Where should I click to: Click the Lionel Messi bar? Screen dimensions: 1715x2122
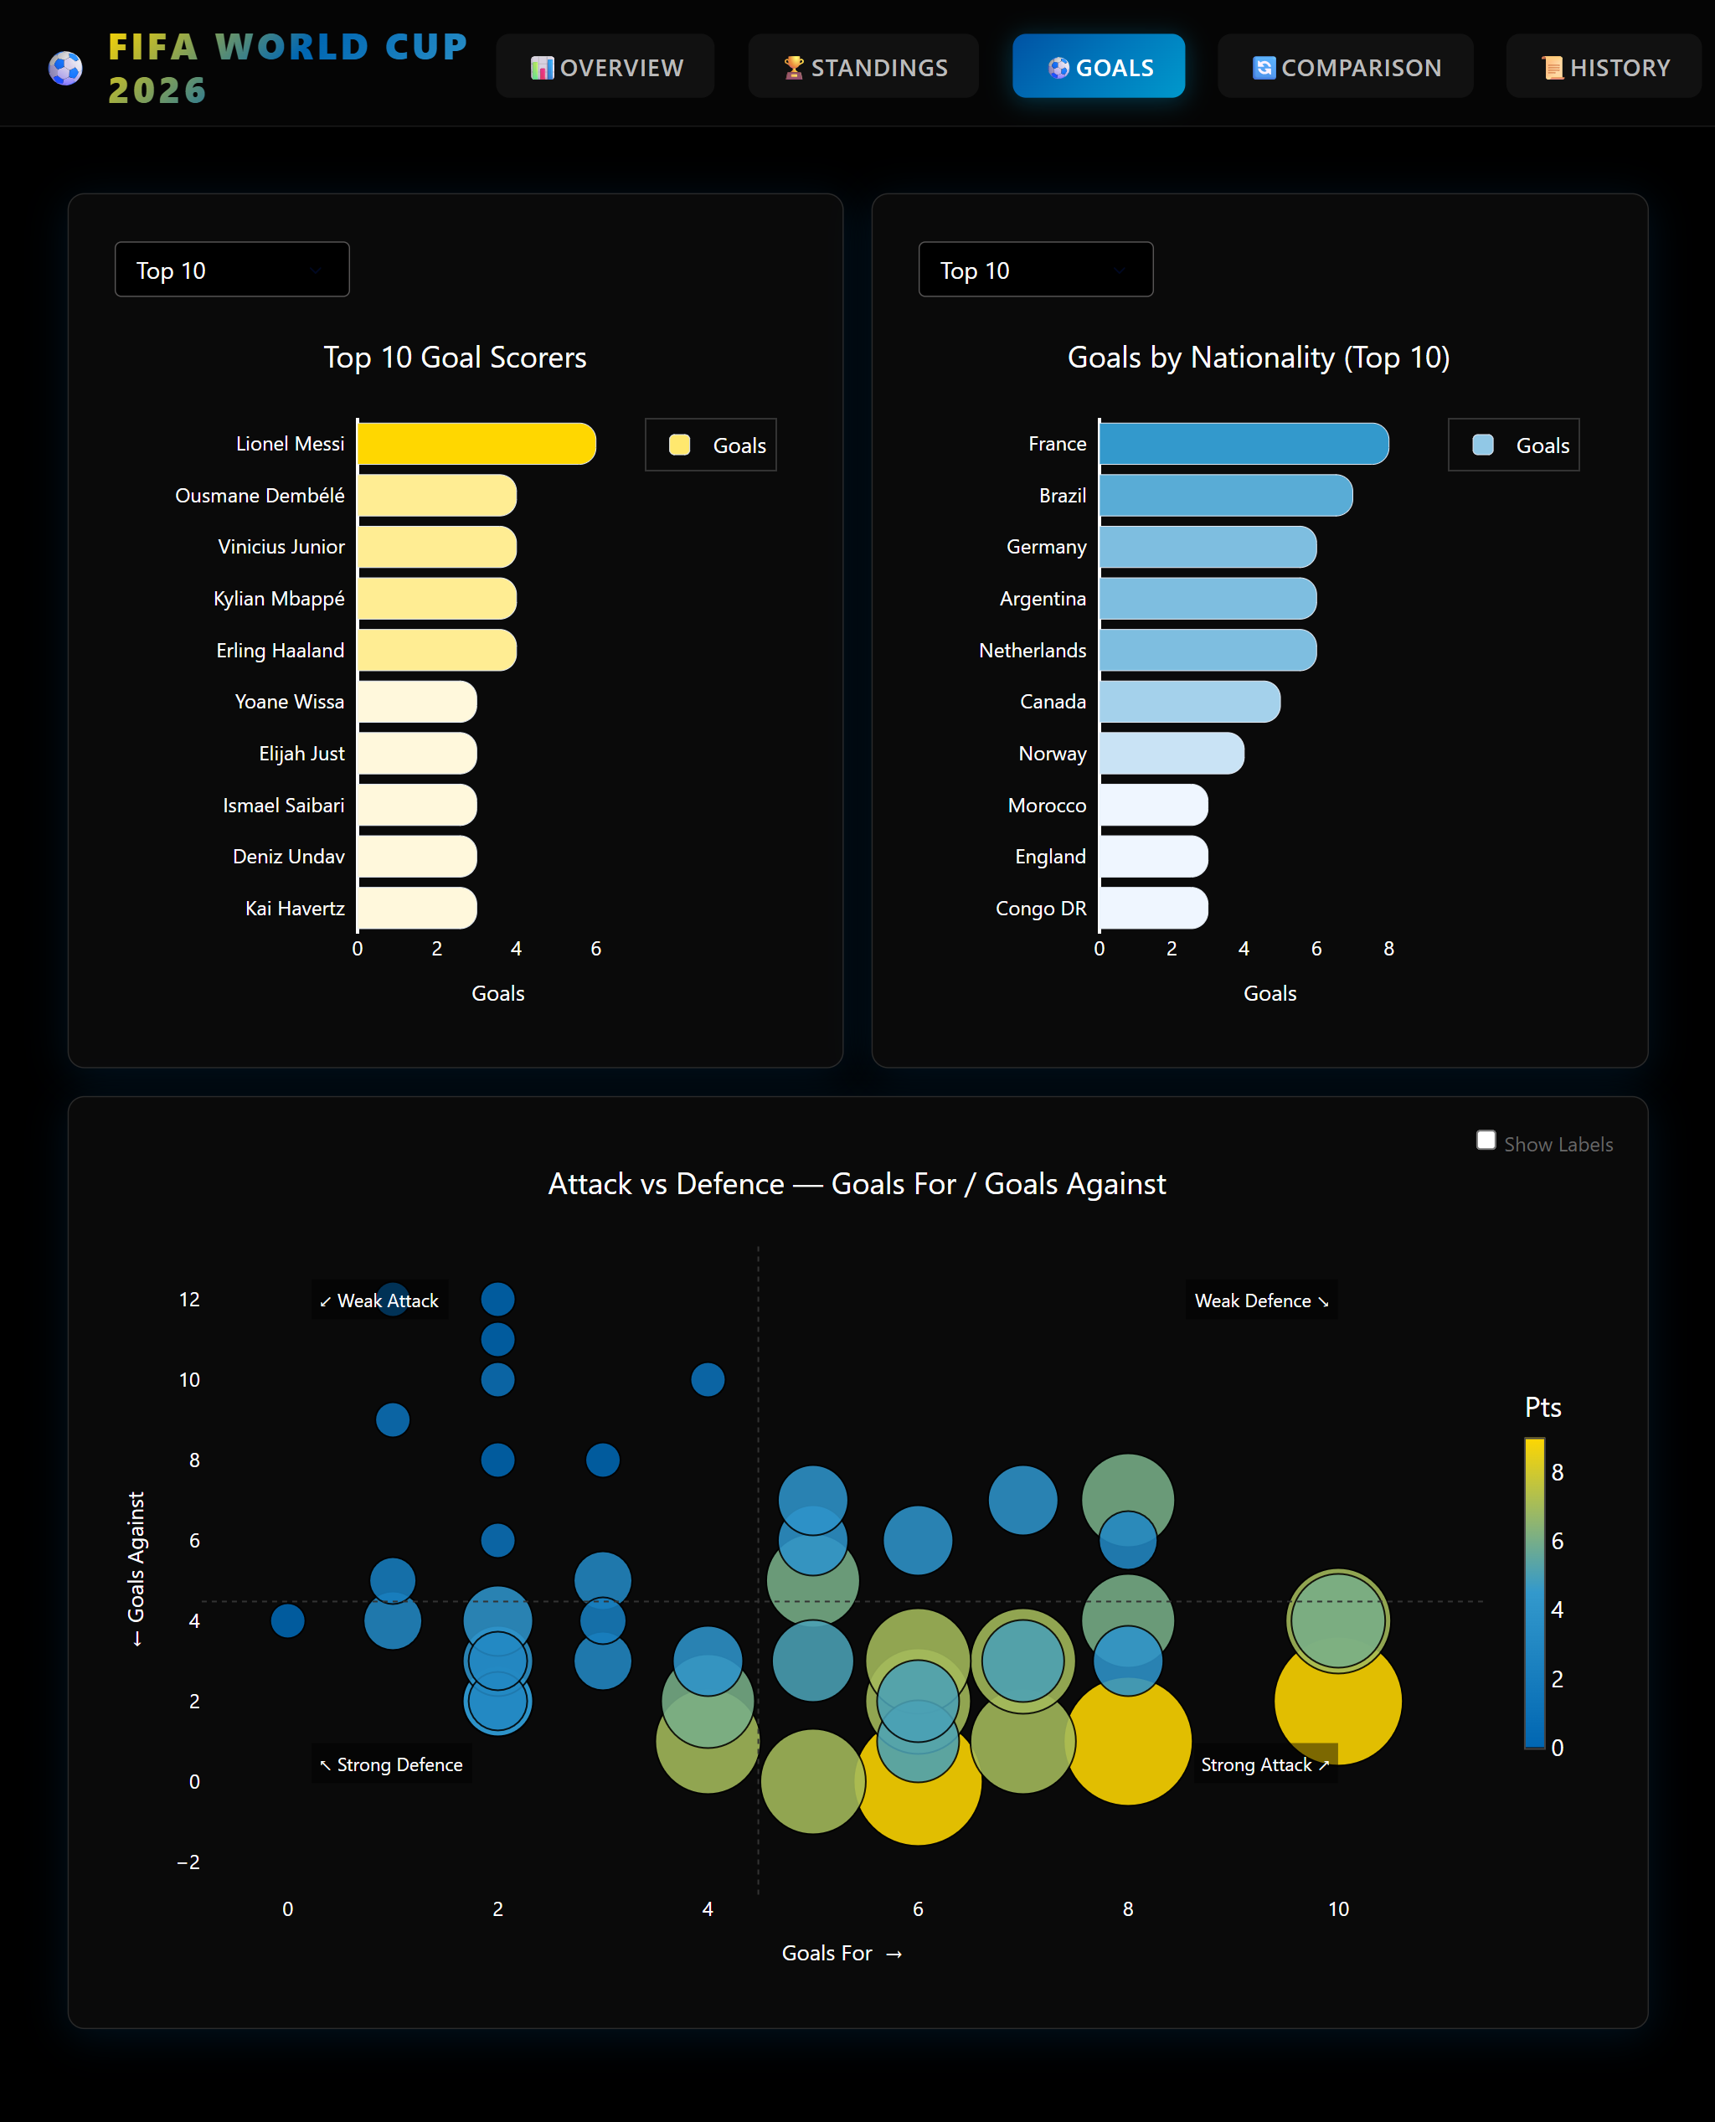(x=476, y=444)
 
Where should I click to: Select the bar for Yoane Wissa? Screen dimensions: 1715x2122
(x=417, y=702)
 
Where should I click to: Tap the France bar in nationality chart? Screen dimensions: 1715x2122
(x=1244, y=444)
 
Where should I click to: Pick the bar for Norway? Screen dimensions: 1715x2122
(x=1172, y=753)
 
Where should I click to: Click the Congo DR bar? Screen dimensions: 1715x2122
(x=1153, y=908)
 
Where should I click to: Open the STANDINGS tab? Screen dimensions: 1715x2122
(x=863, y=66)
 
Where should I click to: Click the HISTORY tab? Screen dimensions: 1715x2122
(x=1604, y=66)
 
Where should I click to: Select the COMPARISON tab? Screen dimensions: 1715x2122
(x=1346, y=66)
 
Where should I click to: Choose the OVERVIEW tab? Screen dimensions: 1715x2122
(x=605, y=66)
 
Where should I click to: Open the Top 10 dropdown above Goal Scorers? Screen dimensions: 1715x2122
(x=232, y=269)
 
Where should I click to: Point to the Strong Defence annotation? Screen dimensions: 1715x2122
(x=391, y=1764)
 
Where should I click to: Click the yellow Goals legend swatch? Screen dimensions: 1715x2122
(x=680, y=445)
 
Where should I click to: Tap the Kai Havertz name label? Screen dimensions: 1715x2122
(x=295, y=908)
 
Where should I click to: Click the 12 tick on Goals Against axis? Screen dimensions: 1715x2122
(x=190, y=1299)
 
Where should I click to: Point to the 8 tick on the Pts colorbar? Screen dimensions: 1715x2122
(x=1557, y=1472)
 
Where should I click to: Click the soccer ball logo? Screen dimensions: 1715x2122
(x=65, y=68)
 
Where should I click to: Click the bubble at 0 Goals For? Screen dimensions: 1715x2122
(x=287, y=1620)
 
